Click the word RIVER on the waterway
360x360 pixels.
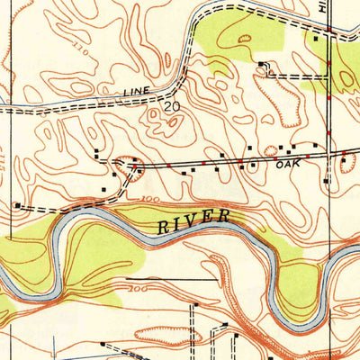pyautogui.click(x=194, y=221)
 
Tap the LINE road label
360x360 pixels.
pyautogui.click(x=138, y=92)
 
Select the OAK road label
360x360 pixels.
pyautogui.click(x=287, y=164)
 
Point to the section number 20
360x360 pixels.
pyautogui.click(x=171, y=106)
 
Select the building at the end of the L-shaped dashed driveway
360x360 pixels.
pyautogui.click(x=262, y=63)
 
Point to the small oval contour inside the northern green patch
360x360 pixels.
pyautogui.click(x=244, y=37)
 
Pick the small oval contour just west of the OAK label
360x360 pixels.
pyautogui.click(x=271, y=149)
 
